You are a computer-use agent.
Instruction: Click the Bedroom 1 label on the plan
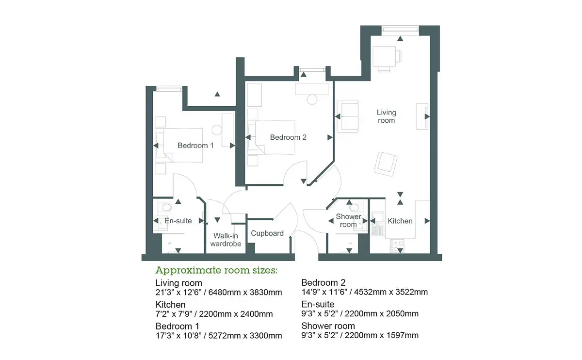tap(195, 145)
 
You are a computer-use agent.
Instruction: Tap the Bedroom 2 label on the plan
tap(288, 137)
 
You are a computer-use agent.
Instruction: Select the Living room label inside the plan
tap(387, 116)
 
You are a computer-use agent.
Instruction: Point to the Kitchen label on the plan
tap(400, 221)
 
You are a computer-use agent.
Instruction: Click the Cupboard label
tap(267, 233)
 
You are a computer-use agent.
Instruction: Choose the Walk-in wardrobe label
tap(226, 240)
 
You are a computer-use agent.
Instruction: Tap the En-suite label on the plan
tap(178, 221)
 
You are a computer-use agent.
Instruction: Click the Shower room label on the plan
tap(348, 220)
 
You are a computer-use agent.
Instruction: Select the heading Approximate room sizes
tap(216, 271)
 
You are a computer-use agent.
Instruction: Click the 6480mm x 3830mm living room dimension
tap(245, 293)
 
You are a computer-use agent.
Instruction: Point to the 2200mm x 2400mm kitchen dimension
tap(236, 314)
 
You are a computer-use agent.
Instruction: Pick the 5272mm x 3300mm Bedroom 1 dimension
tap(245, 336)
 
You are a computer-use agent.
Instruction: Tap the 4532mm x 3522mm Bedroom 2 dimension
tap(391, 292)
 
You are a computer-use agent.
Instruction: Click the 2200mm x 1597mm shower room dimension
tap(382, 335)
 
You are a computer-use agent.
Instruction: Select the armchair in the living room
tap(386, 164)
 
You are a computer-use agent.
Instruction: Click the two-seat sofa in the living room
tap(348, 116)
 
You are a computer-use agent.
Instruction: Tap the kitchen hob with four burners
tap(397, 246)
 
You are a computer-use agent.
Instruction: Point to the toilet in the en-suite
tap(166, 207)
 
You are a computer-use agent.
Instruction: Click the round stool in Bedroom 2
tap(312, 99)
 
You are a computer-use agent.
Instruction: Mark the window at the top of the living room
tap(400, 29)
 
